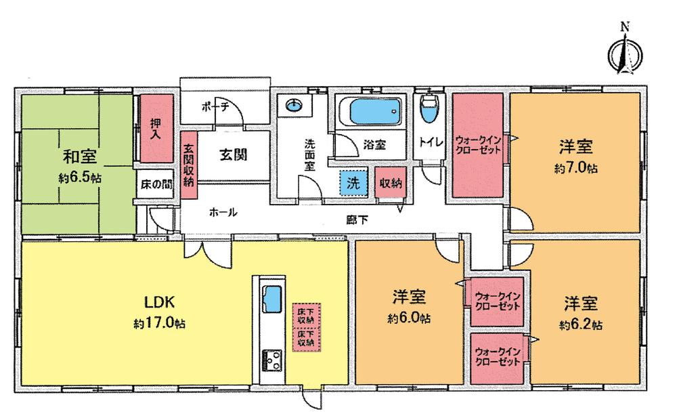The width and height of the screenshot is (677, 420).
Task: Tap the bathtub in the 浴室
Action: [x=369, y=111]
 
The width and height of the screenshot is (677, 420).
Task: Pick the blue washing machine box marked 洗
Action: [x=353, y=182]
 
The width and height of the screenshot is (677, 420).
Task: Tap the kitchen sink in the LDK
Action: [x=272, y=297]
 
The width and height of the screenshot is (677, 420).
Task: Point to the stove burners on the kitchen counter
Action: [x=272, y=360]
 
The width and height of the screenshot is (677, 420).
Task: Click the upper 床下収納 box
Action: [x=305, y=315]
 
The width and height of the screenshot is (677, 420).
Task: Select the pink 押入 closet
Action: [x=155, y=129]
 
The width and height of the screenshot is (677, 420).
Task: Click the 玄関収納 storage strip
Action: [x=188, y=165]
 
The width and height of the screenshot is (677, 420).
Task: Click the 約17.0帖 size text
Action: [x=159, y=323]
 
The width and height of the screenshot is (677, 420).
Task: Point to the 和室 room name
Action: [x=80, y=159]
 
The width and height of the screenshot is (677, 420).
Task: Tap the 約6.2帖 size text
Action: [x=581, y=324]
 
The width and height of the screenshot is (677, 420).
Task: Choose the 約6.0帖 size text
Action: [x=410, y=317]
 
